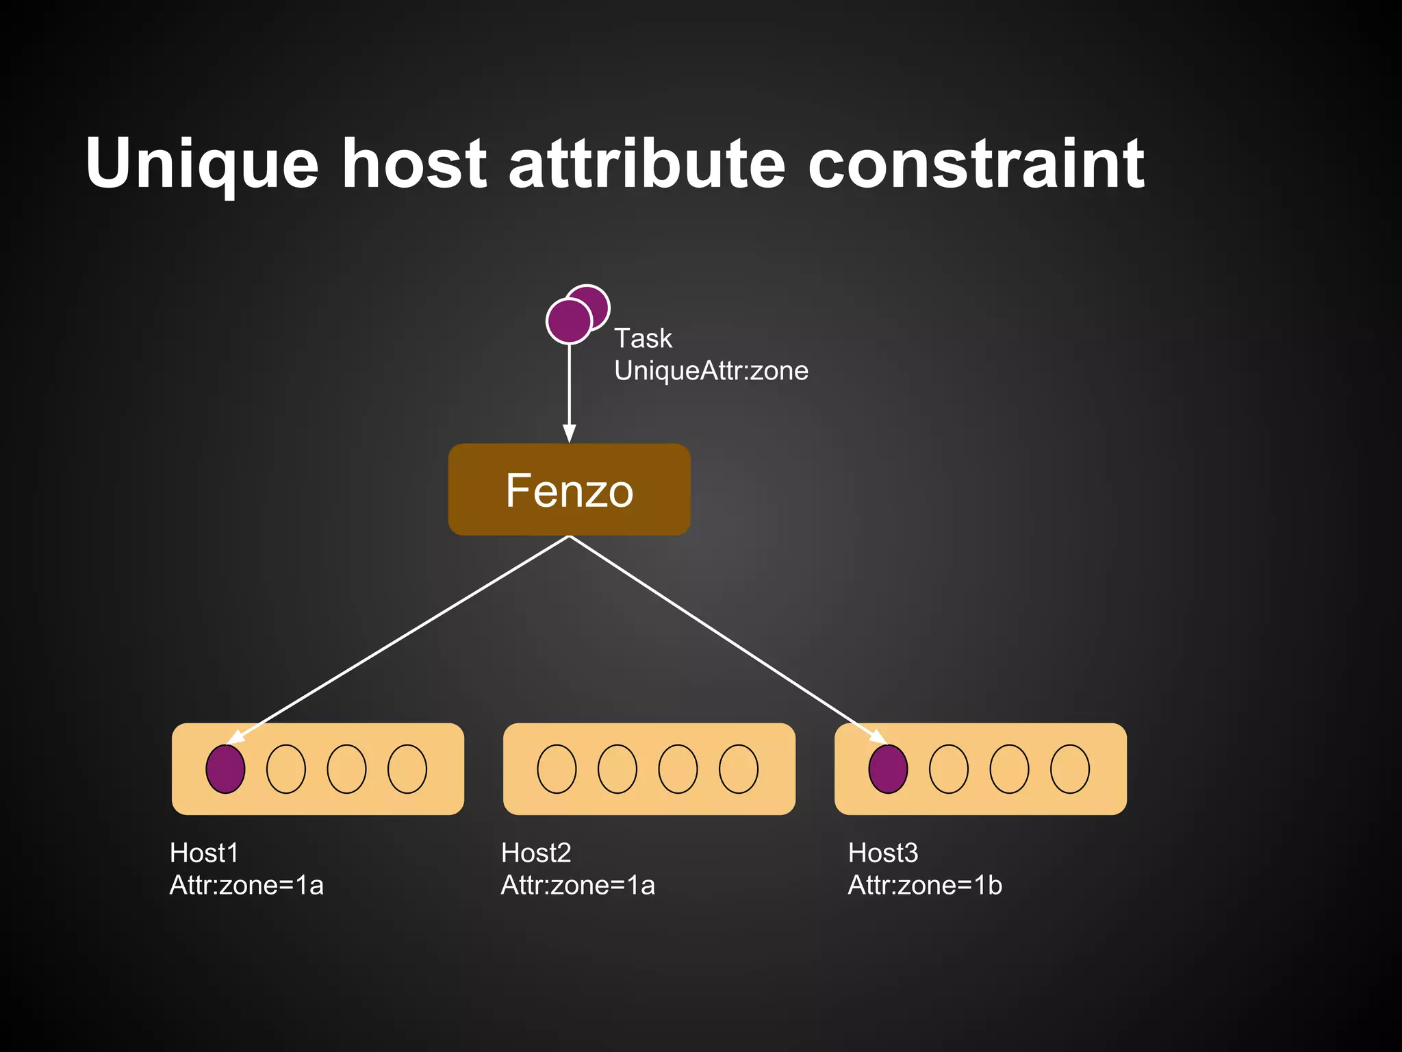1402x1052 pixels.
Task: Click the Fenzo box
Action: point(569,490)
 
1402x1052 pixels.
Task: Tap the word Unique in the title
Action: point(202,164)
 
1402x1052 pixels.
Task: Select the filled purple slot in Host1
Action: point(225,769)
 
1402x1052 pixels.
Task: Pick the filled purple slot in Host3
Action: point(888,769)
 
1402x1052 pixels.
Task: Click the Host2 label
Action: point(536,853)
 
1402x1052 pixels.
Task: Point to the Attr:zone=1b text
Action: point(925,886)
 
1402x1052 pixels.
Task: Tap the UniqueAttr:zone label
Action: point(711,371)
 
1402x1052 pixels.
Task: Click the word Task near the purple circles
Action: point(643,338)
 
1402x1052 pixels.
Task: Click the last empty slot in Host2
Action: point(739,769)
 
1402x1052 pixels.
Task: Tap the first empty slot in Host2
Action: point(557,769)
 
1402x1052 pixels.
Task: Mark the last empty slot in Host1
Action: point(407,769)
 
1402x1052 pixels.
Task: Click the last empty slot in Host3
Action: point(1070,769)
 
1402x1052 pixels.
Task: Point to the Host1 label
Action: point(204,853)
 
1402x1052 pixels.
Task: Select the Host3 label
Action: point(883,853)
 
